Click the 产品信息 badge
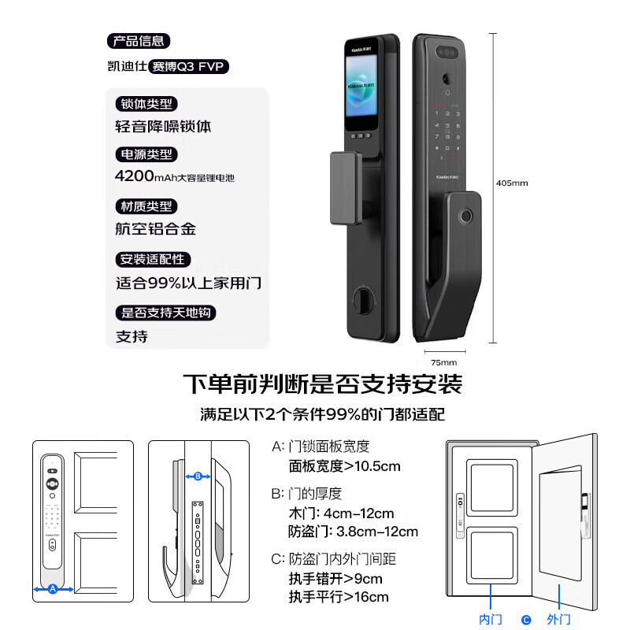tap(139, 41)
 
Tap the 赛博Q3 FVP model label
tap(188, 66)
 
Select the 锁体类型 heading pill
tap(146, 104)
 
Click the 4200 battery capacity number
tap(134, 176)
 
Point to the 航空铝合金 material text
tap(155, 229)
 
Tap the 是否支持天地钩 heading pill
tap(165, 313)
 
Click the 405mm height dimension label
tap(512, 183)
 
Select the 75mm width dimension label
tap(444, 362)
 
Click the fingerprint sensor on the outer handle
tap(466, 216)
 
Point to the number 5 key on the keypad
tap(447, 125)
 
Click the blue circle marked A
tap(53, 589)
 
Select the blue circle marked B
tap(198, 476)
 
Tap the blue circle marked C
tap(526, 620)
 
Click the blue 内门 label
tap(491, 619)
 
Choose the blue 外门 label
tap(559, 619)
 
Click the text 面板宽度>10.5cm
tap(345, 466)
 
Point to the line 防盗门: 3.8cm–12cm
tap(353, 532)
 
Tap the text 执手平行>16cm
tap(339, 597)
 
